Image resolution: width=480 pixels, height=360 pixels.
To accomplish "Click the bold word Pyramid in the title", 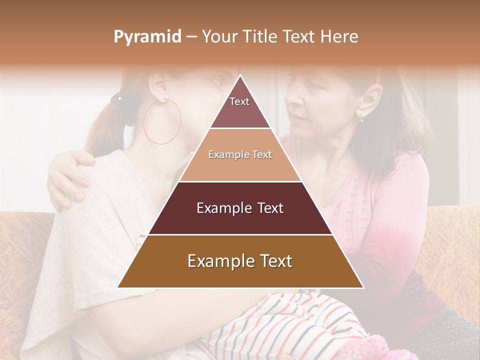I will coord(147,37).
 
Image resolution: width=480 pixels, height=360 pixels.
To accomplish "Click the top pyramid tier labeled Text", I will coord(239,107).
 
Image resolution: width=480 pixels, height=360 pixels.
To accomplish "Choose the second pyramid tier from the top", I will coord(240,155).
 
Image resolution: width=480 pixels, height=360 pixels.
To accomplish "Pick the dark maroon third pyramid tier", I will coord(240,208).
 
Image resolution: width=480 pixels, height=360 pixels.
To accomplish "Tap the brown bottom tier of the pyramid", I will coord(240,261).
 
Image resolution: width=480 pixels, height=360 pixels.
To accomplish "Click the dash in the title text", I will coord(191,37).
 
